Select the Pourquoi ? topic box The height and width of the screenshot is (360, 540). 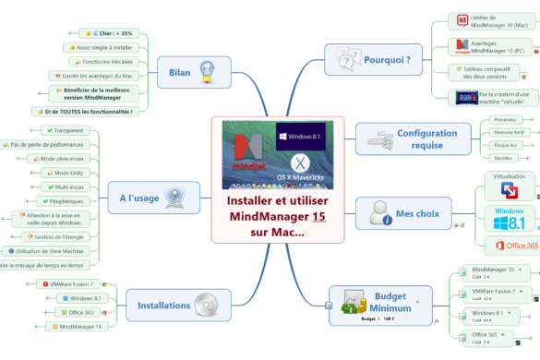pos(374,62)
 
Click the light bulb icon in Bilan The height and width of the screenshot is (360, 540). pos(209,68)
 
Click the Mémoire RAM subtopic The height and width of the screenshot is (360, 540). pos(504,132)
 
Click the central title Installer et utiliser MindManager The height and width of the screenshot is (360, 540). pos(278,216)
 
